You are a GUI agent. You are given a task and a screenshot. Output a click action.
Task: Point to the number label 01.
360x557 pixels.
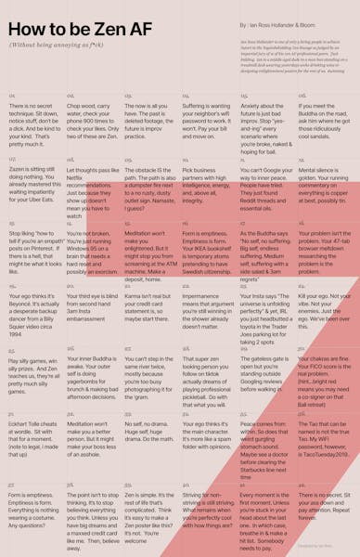[x=12, y=96]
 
